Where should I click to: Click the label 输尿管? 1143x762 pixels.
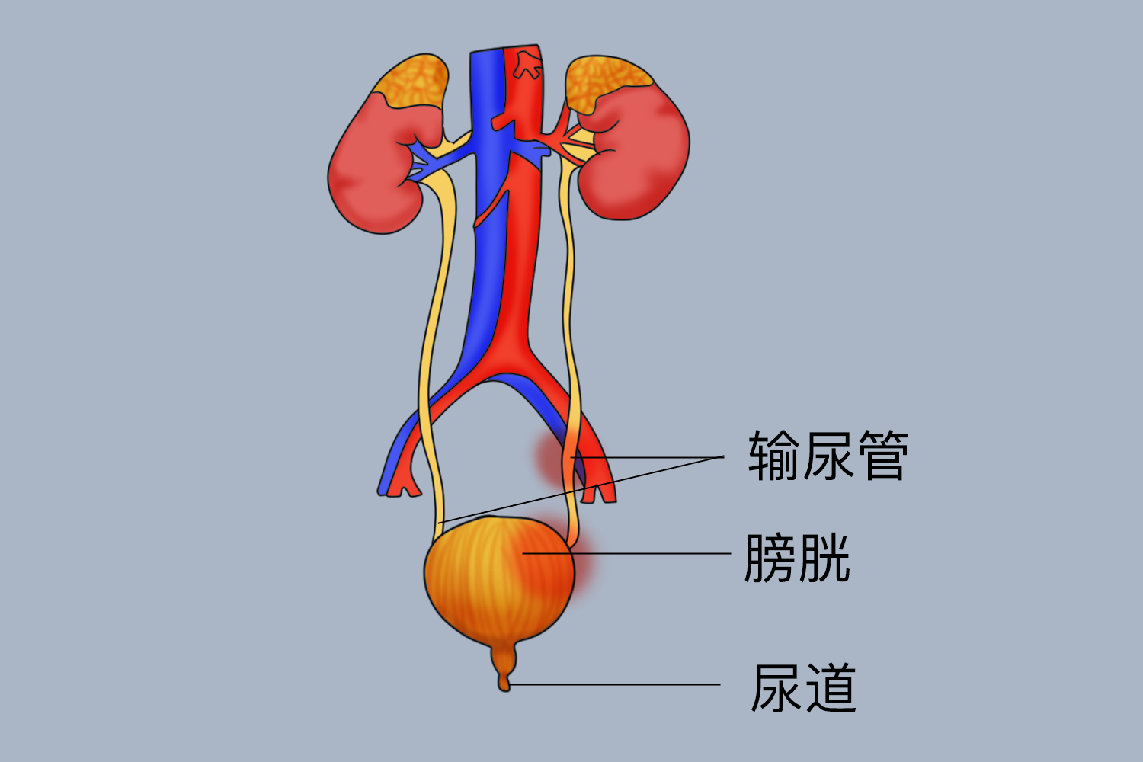click(x=828, y=456)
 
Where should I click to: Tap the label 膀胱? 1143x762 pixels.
click(x=797, y=558)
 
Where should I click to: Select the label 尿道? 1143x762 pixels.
click(x=803, y=687)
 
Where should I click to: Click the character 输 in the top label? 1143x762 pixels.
click(x=773, y=456)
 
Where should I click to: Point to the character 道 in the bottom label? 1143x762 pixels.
click(x=831, y=687)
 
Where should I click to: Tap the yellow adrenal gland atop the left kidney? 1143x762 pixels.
click(x=411, y=80)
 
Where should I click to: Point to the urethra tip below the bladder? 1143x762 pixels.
click(x=504, y=682)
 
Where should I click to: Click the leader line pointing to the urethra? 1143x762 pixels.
click(x=617, y=684)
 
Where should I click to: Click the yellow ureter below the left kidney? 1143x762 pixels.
click(x=438, y=305)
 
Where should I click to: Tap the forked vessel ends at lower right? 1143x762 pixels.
click(x=598, y=488)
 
